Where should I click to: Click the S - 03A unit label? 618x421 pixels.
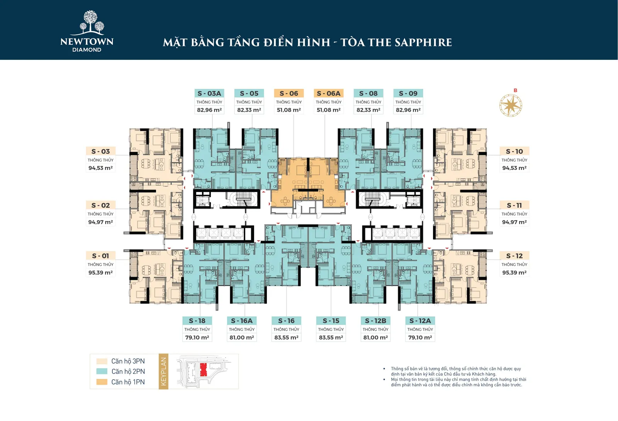point(209,93)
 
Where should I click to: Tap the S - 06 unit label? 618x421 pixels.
point(289,93)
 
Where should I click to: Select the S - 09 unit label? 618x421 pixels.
point(408,93)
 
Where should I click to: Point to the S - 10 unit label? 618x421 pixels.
point(514,151)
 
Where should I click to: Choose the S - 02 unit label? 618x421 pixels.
point(100,205)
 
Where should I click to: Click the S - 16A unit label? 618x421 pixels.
point(242,321)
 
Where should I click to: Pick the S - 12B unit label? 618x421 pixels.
point(375,321)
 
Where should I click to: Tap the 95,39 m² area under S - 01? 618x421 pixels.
point(100,273)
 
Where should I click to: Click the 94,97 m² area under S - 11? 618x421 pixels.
point(514,222)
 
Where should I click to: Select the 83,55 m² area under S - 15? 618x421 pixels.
point(331,337)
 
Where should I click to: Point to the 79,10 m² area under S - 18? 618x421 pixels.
point(197,337)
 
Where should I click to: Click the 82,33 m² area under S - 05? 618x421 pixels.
point(249,110)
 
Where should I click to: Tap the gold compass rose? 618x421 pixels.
point(511,105)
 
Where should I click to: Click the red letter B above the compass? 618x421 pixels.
point(515,90)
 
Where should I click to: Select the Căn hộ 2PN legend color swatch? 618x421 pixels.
point(102,371)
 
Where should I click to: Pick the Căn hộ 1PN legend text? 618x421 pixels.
point(128,382)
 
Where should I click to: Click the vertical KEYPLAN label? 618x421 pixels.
point(163,371)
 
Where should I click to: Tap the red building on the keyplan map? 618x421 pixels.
point(203,370)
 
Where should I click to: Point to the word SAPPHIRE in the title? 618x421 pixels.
point(423,42)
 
